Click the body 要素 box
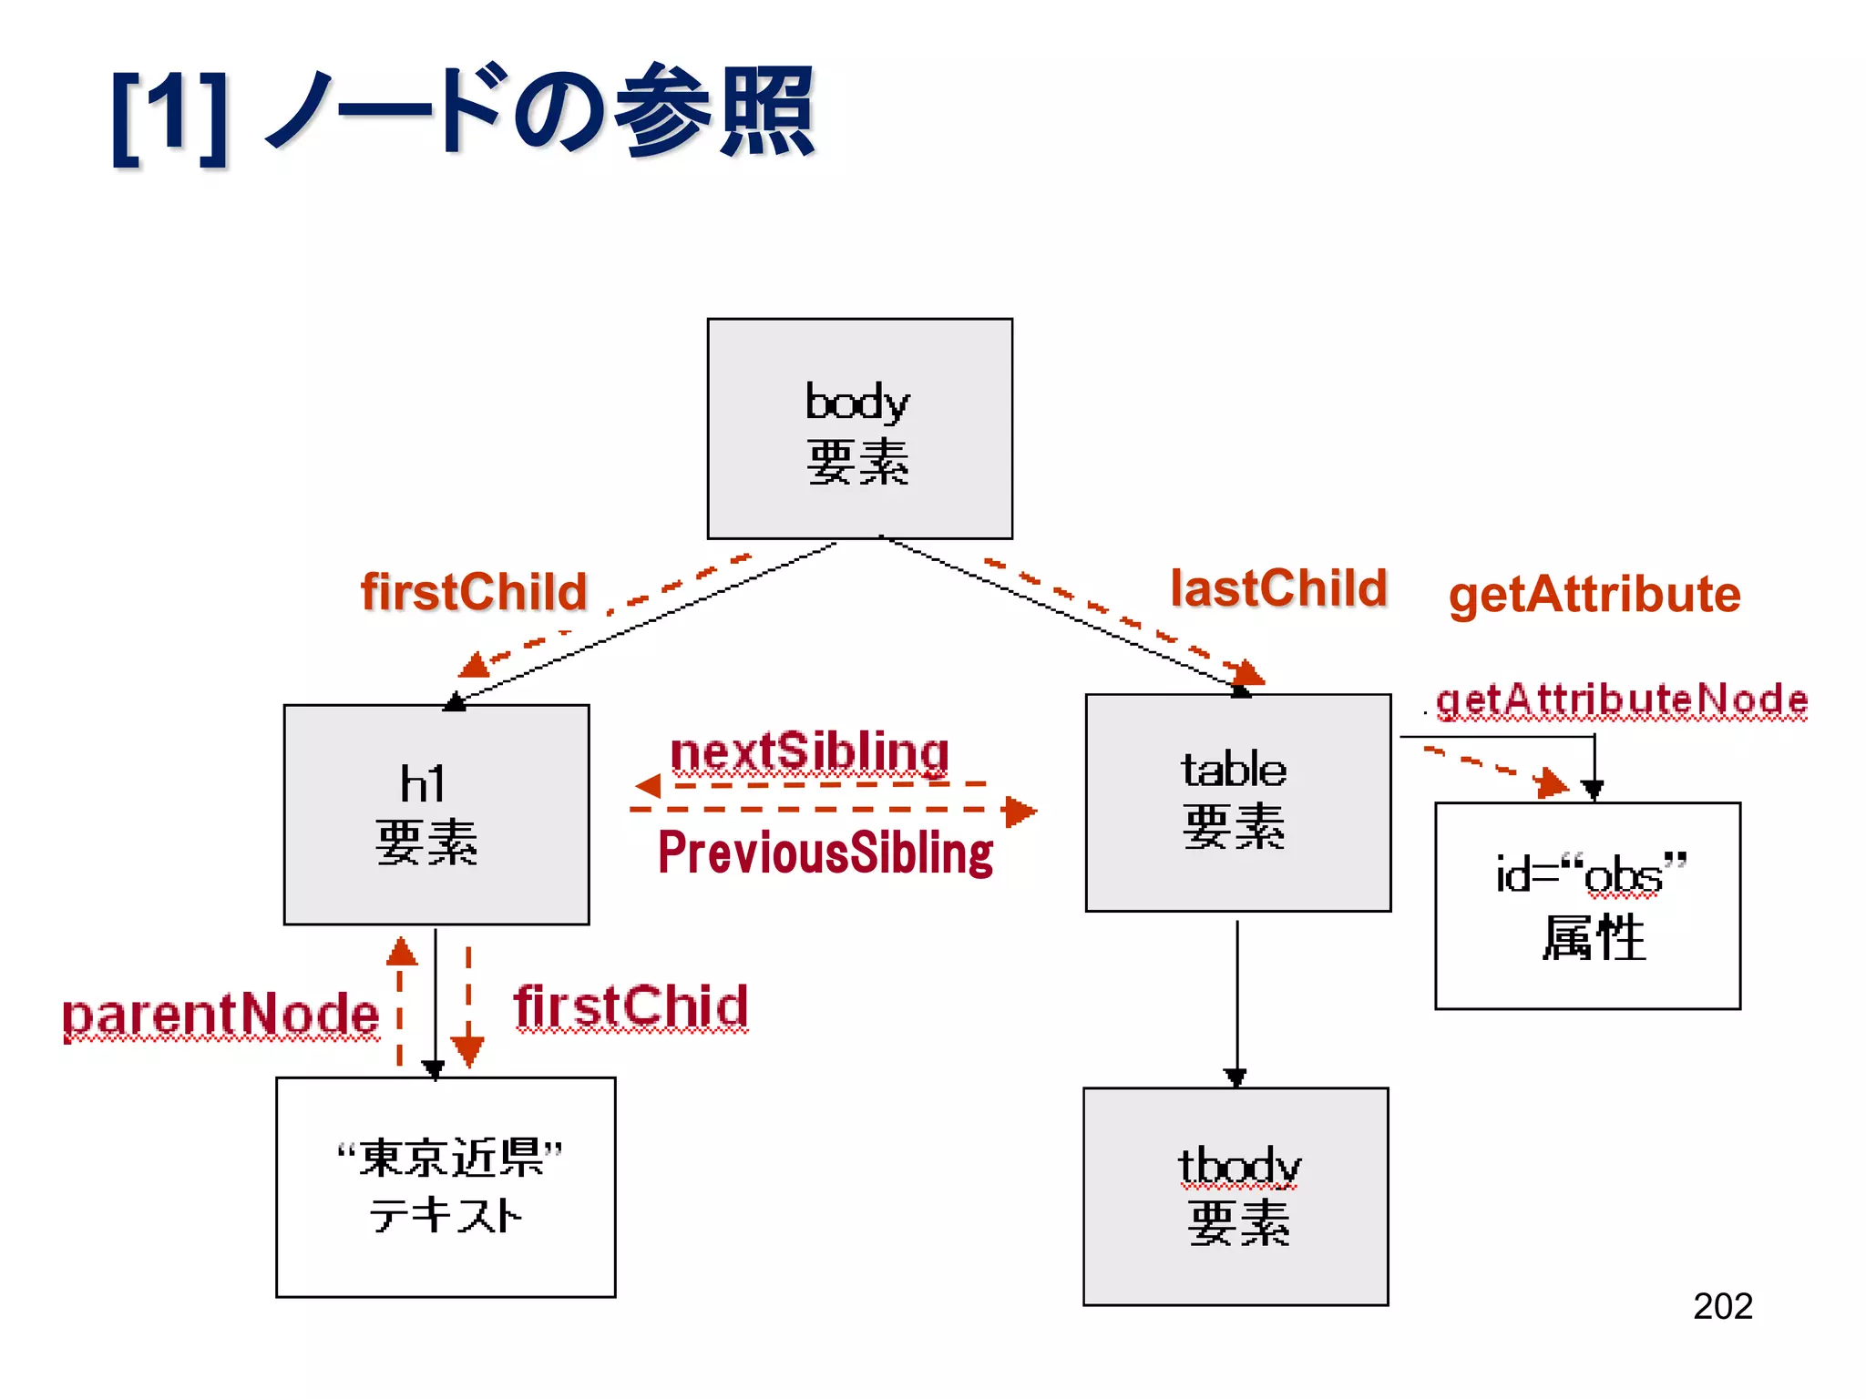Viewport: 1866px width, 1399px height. pos(859,428)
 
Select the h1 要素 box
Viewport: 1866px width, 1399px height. pos(436,814)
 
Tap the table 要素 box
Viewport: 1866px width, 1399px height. pos(1237,802)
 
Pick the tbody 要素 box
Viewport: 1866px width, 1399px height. pos(1235,1196)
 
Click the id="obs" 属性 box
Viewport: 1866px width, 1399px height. pos(1587,905)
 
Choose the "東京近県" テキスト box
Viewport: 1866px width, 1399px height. pos(446,1187)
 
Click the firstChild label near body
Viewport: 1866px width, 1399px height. pos(474,592)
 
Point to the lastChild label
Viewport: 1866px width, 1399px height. pos(1278,588)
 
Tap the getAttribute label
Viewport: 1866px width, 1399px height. pos(1594,595)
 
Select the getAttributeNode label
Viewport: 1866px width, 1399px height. pos(1621,699)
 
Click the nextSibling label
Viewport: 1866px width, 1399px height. pos(809,752)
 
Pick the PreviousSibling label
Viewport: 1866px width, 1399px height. pos(825,853)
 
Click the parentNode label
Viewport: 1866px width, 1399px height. pos(220,1015)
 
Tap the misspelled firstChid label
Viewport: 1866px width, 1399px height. pos(631,1006)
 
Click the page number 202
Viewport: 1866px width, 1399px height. pos(1722,1306)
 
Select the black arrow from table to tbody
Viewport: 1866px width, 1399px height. pos(1236,1002)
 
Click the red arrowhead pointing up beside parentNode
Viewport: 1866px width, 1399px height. pos(401,952)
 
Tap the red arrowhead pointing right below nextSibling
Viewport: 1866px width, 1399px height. pos(1019,811)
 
